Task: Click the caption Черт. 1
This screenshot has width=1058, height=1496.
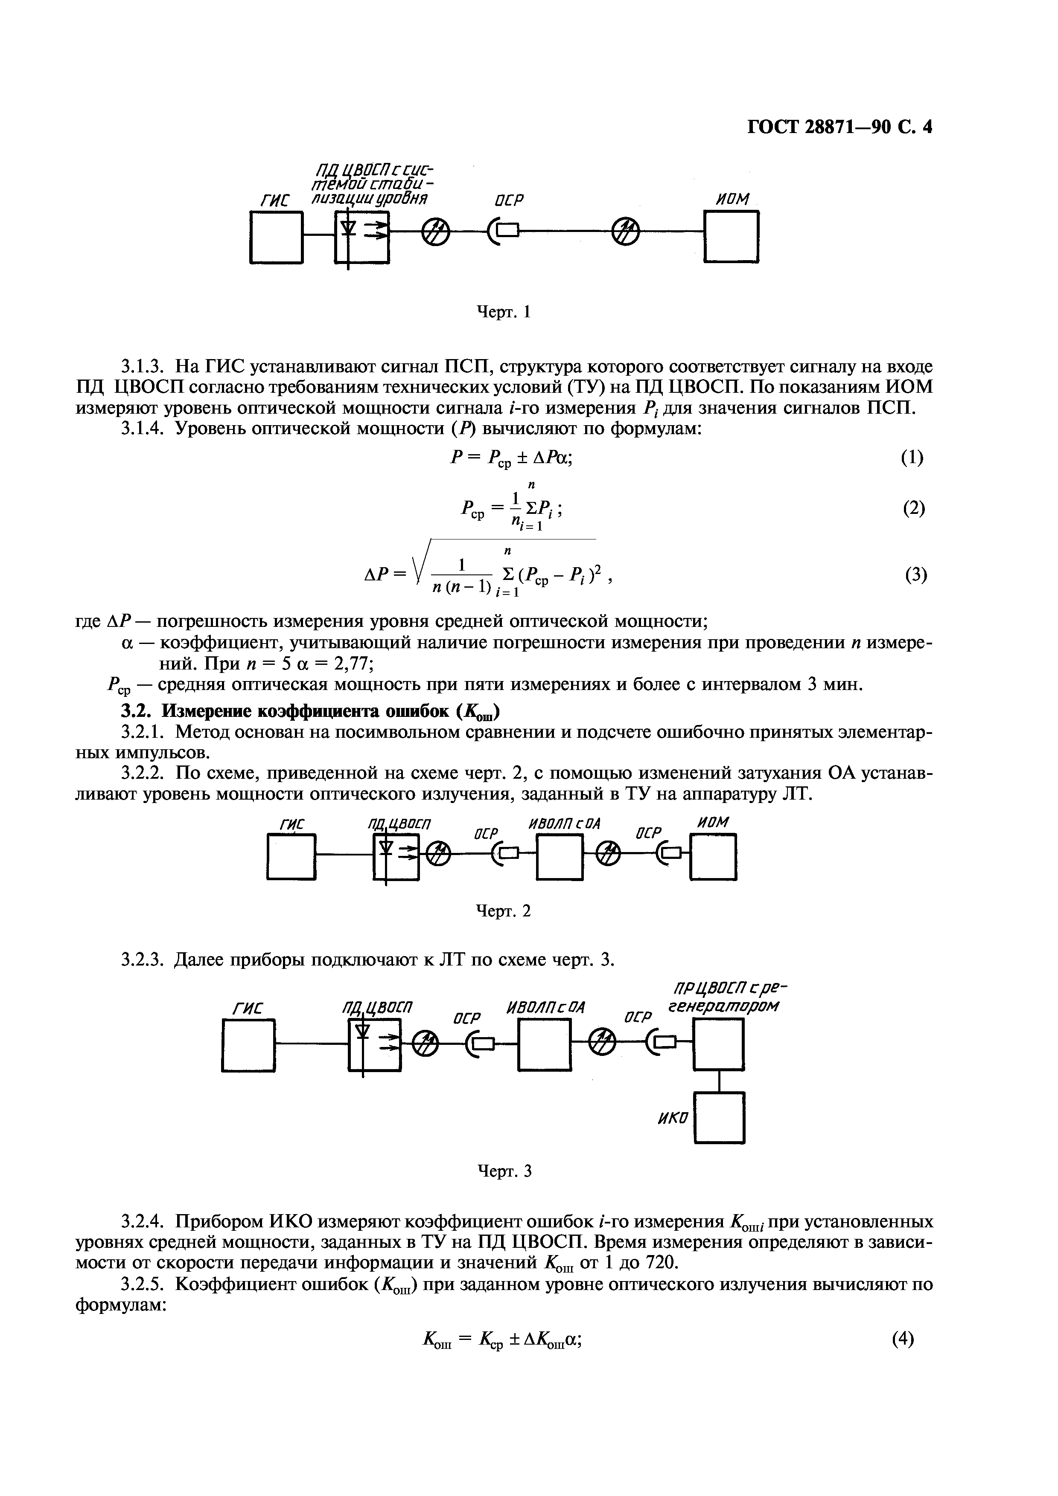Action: click(504, 313)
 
